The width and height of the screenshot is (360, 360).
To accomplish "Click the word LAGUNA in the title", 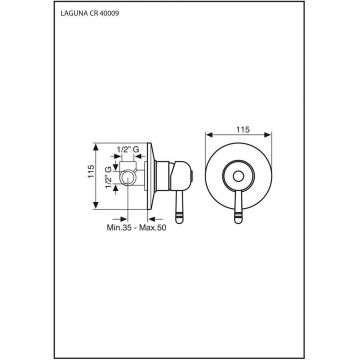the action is coord(74,13).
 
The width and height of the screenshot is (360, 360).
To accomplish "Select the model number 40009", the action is coord(110,13).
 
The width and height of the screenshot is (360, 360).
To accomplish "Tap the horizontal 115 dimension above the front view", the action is coord(243,130).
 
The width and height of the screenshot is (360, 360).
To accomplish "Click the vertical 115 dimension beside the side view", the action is coord(91,171).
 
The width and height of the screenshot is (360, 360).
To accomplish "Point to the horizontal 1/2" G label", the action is coord(128,150).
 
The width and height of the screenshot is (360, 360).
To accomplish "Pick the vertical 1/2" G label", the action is coord(108,178).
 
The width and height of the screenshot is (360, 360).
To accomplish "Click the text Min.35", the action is coord(118,228).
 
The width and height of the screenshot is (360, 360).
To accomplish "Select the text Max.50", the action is coord(153,228).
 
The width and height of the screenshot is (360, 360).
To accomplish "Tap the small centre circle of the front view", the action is coord(238,176).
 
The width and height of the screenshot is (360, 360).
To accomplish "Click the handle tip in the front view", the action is coord(238,219).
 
